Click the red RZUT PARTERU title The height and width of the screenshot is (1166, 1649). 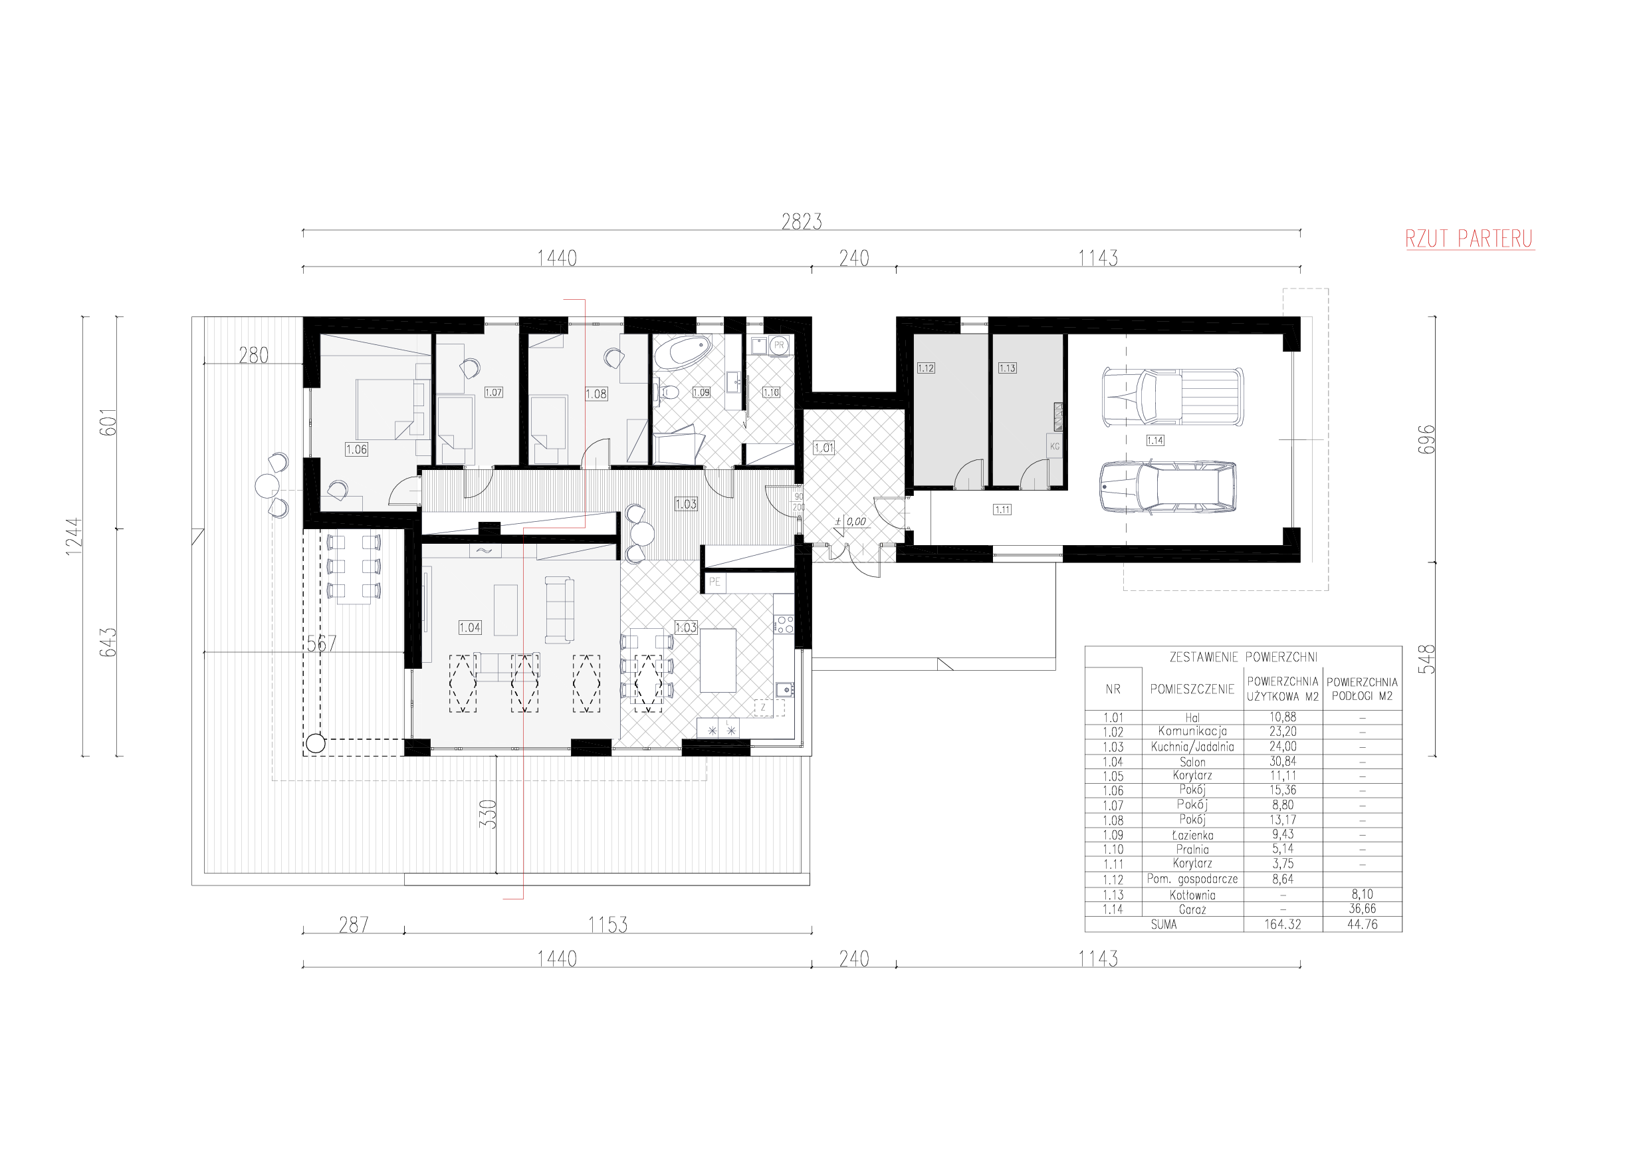1469,239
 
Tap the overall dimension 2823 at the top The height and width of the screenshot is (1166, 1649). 802,222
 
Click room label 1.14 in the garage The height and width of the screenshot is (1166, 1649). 1155,440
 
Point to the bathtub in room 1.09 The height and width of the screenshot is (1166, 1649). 683,353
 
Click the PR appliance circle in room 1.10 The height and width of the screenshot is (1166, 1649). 779,346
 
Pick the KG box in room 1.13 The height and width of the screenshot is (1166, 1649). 1054,446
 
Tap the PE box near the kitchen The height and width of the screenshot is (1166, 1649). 714,582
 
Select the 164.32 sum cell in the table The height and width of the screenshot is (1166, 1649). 1283,925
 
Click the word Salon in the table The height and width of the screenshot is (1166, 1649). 1192,762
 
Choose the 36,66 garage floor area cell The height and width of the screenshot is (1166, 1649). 1362,909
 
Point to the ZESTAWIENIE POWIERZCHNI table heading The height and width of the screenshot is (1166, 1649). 1243,657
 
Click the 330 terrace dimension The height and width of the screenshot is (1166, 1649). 489,814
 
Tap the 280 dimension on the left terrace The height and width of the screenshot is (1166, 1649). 253,355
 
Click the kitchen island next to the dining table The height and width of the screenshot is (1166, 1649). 718,660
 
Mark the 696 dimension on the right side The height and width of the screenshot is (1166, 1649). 1426,439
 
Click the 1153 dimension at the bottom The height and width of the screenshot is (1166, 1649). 607,925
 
